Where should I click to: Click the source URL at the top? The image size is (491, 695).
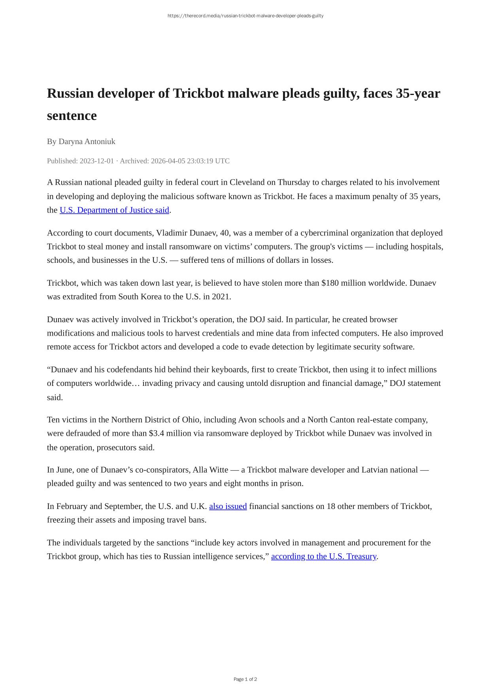[245, 16]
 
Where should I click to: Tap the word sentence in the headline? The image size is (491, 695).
[72, 116]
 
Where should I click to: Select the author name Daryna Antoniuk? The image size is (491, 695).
[87, 141]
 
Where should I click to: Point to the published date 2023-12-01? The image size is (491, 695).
[96, 161]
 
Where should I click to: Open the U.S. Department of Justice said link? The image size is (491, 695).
[114, 210]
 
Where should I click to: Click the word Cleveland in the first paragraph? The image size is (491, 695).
[247, 182]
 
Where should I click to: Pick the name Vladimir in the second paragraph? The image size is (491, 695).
[172, 233]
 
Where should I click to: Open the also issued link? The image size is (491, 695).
[228, 506]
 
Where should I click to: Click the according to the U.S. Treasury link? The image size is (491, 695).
[323, 556]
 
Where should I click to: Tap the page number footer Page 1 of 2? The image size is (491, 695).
[245, 679]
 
